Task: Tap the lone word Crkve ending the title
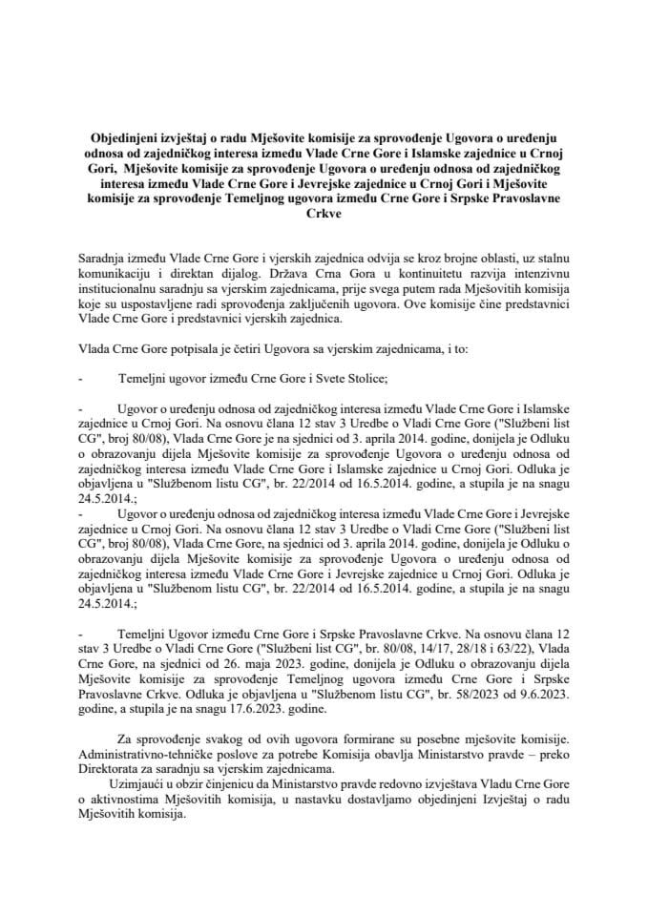(324, 216)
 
